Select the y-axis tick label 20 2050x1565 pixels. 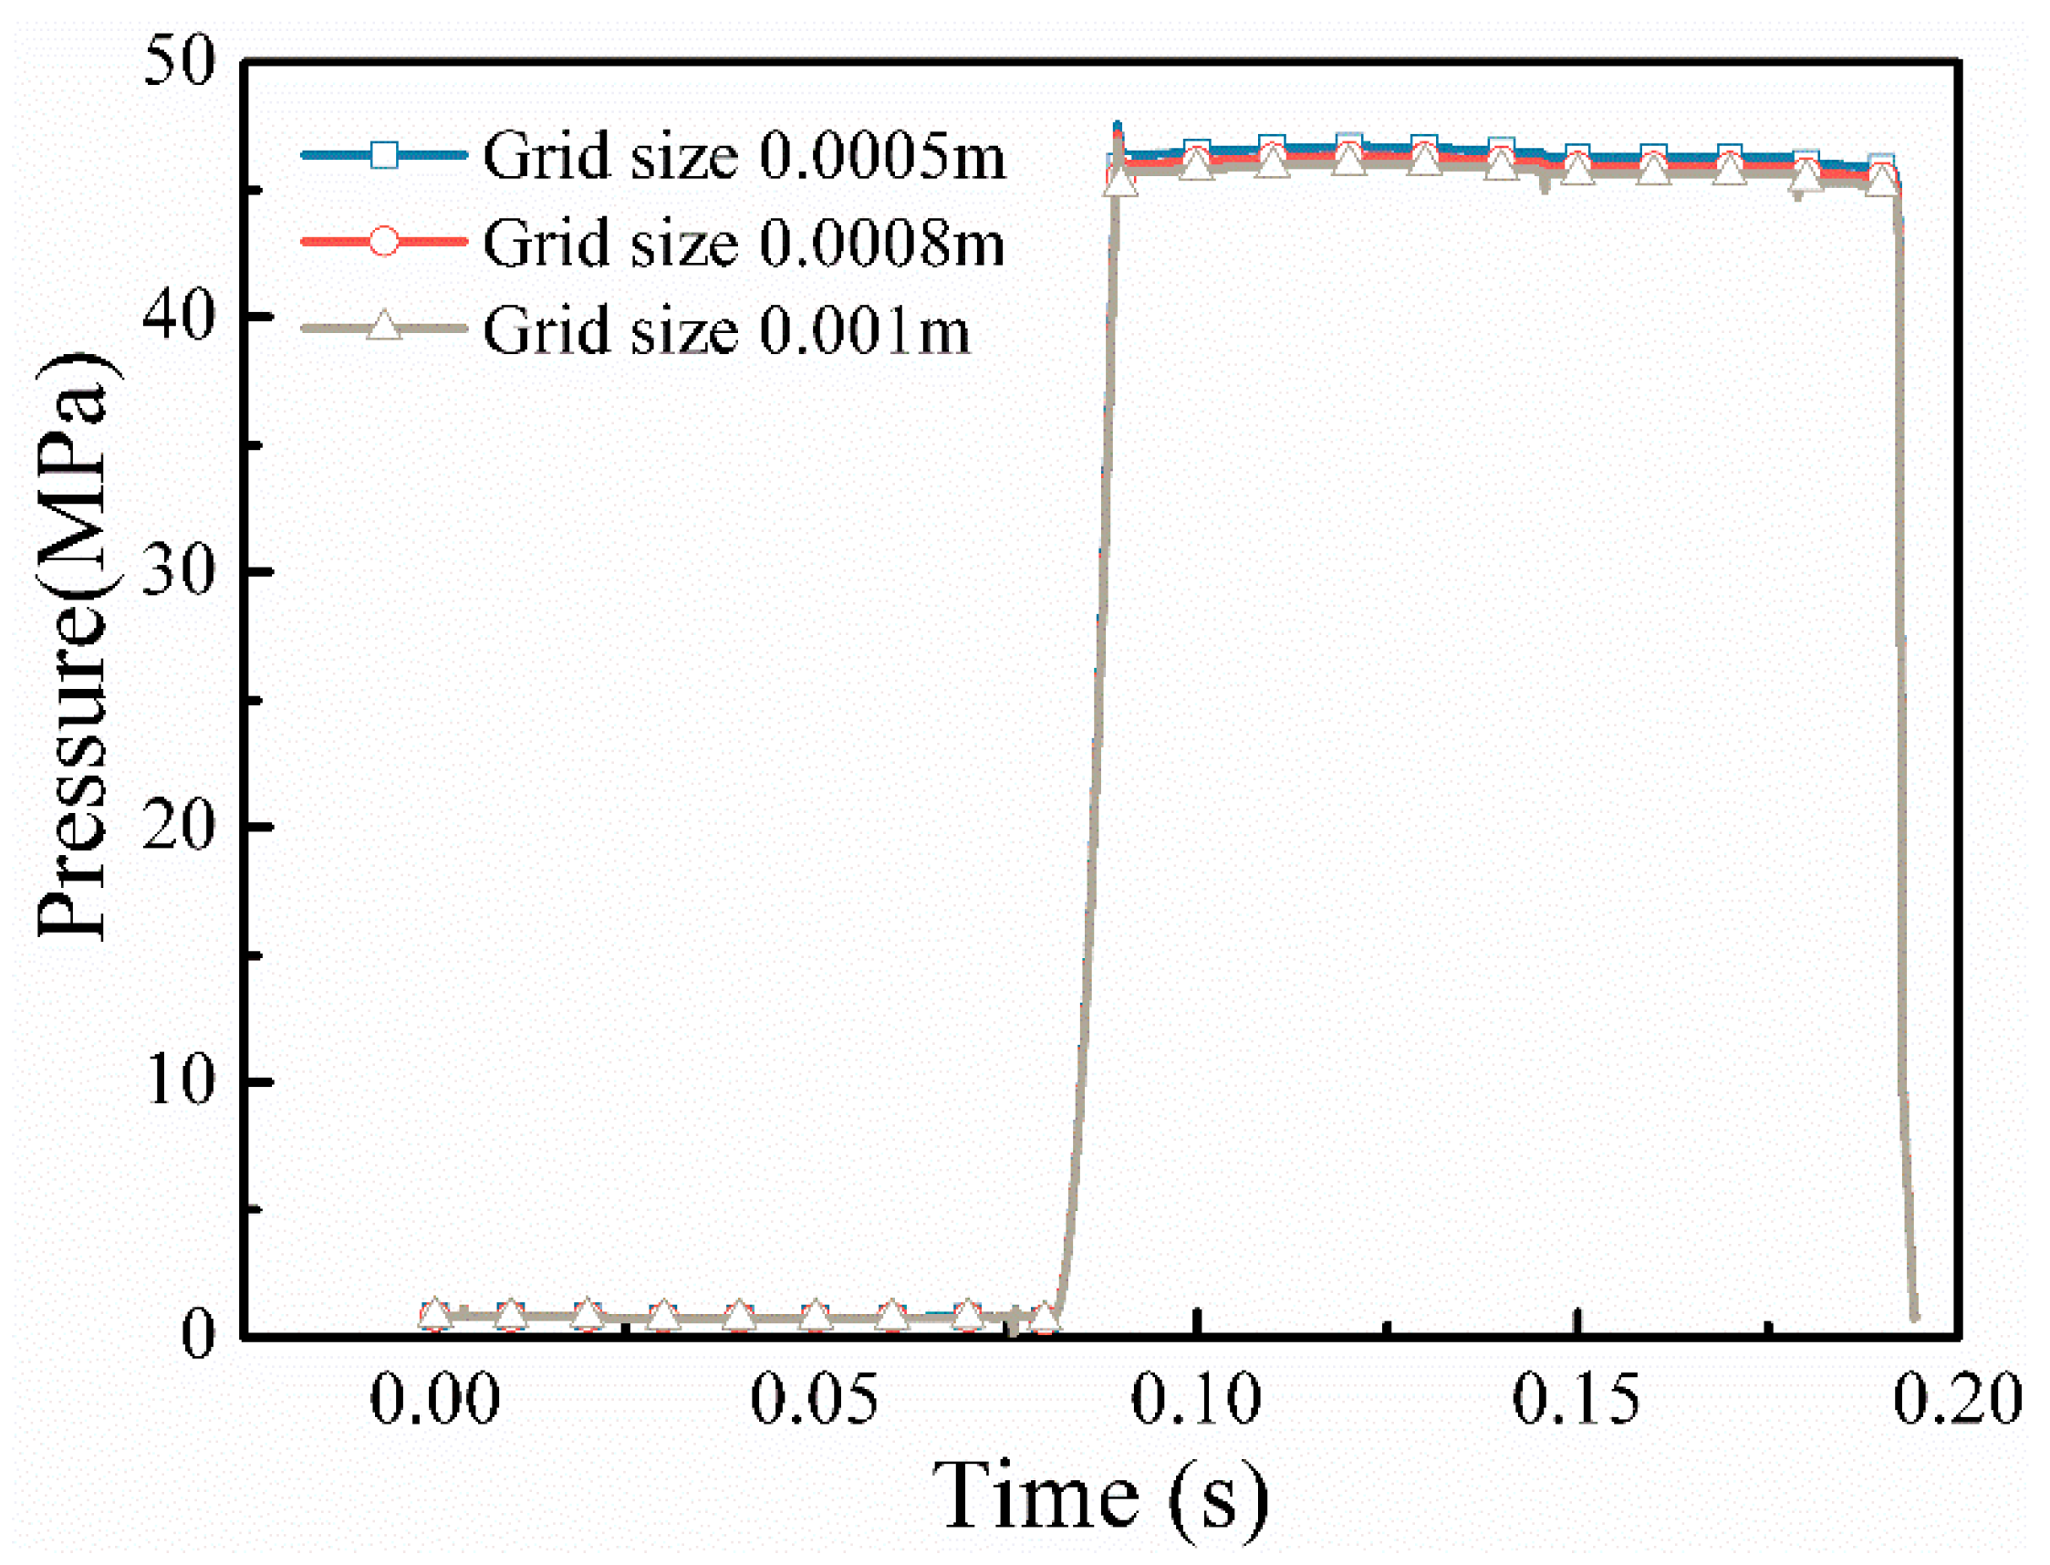coord(180,826)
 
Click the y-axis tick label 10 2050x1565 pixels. coord(180,1080)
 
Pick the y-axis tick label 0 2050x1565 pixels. coord(197,1336)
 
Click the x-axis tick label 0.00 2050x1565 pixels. coord(435,1399)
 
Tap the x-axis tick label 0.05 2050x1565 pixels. coord(815,1399)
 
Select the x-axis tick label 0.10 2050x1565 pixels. coord(1196,1399)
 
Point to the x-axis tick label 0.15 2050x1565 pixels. coord(1576,1399)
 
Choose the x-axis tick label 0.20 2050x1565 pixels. coord(1957,1399)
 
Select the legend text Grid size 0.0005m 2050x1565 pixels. coord(744,155)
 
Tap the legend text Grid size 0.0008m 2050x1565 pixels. coord(744,243)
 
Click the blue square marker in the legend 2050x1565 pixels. coord(384,154)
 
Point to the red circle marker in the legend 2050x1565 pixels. coord(384,241)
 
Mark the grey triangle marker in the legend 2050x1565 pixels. coord(384,326)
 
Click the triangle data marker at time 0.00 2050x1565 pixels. coord(435,1313)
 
